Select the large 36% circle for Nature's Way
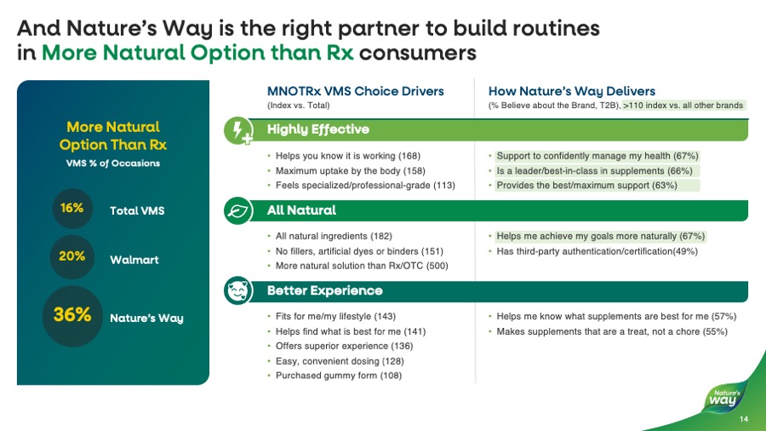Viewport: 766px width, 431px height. click(x=72, y=316)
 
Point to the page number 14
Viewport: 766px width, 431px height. click(x=743, y=419)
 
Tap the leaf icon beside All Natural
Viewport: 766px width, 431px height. click(x=237, y=210)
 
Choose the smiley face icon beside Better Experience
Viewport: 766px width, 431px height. click(x=237, y=290)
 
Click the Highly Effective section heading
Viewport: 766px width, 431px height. click(x=318, y=129)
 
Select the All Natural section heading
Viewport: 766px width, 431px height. click(x=301, y=210)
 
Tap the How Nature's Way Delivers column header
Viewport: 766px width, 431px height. click(x=572, y=91)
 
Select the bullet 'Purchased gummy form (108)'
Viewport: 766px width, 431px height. click(x=339, y=376)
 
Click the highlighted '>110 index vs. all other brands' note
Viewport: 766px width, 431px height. click(x=683, y=105)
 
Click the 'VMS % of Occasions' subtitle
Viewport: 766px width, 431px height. click(x=114, y=163)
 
